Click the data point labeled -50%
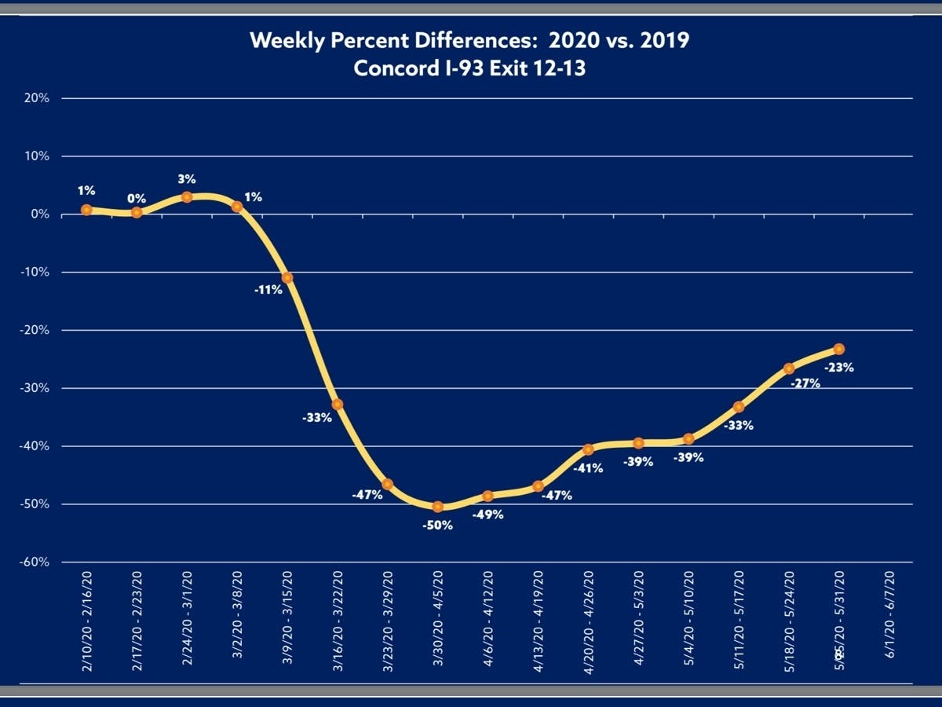pyautogui.click(x=438, y=507)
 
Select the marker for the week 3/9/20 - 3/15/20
pyautogui.click(x=287, y=277)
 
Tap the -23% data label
pyautogui.click(x=838, y=366)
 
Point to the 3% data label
pyautogui.click(x=187, y=179)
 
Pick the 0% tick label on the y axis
pyautogui.click(x=39, y=214)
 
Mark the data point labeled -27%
pyautogui.click(x=789, y=368)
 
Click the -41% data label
pyautogui.click(x=588, y=468)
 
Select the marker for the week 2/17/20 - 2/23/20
pyautogui.click(x=137, y=212)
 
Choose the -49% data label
pyautogui.click(x=487, y=515)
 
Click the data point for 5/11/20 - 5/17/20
pyautogui.click(x=739, y=407)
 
